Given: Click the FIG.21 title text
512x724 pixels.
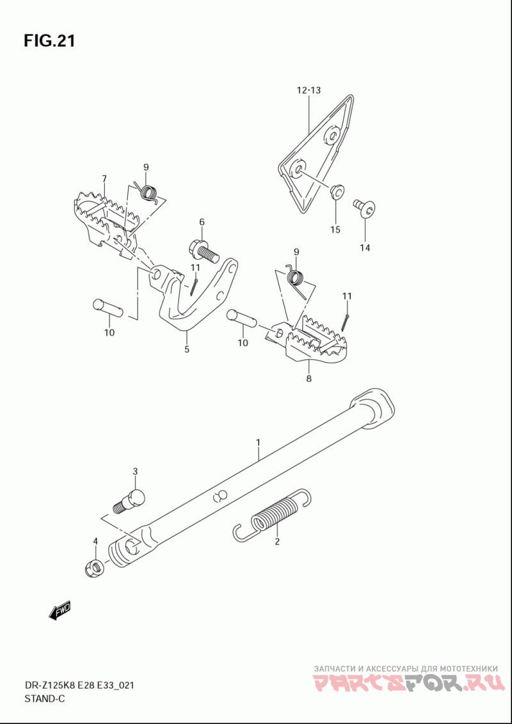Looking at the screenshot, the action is [49, 41].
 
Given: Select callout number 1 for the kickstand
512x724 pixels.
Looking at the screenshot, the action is [259, 443].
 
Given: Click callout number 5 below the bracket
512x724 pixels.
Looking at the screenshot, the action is [187, 350].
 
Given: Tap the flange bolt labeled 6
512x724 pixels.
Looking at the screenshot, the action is [204, 251].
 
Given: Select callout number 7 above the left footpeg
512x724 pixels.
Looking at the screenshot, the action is [104, 178].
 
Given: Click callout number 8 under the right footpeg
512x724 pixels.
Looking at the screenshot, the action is [308, 379].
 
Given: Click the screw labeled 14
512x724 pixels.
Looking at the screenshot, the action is [365, 209].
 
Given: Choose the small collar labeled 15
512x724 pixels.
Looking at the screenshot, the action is [337, 191].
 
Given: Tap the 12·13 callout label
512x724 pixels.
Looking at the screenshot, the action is [308, 91].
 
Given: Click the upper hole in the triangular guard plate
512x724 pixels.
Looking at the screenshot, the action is [332, 136].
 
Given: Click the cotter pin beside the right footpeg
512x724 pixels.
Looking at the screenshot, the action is [346, 322].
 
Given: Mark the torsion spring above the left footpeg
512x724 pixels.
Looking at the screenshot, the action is [148, 193].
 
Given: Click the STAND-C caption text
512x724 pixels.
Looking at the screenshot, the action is [44, 698].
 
